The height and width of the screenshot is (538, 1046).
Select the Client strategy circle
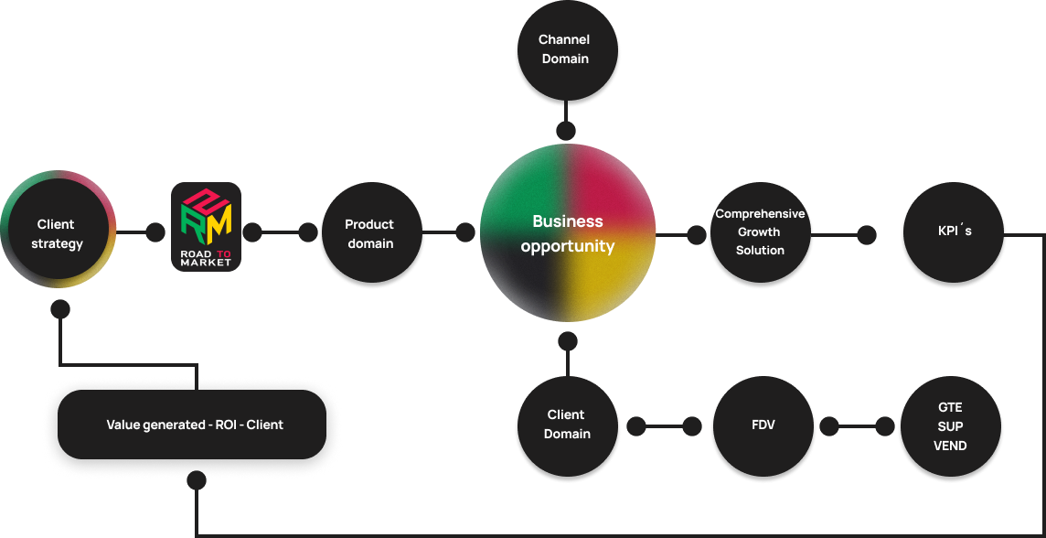coord(58,233)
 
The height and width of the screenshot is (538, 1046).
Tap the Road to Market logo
coord(207,227)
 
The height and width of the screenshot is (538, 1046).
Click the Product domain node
coord(369,233)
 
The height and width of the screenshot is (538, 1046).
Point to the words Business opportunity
coord(568,233)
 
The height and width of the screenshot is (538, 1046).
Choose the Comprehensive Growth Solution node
coord(760,232)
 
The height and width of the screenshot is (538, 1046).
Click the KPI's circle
coord(955,232)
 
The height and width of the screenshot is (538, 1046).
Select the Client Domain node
coord(567,425)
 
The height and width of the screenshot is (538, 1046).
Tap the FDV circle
coord(763,425)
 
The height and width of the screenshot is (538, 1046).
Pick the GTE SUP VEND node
coord(950,426)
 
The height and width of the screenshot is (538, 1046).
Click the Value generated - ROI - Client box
coord(195,425)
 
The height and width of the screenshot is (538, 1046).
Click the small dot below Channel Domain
coord(567,131)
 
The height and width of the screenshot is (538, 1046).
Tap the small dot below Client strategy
coord(60,309)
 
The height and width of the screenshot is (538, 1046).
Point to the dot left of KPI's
coord(866,235)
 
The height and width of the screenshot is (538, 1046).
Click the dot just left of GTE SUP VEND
coord(884,426)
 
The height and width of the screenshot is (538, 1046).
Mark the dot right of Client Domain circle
coord(635,426)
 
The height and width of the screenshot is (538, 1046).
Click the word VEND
coord(950,446)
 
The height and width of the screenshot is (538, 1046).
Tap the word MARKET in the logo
coord(206,263)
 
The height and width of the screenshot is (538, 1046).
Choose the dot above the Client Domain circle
coord(568,341)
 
